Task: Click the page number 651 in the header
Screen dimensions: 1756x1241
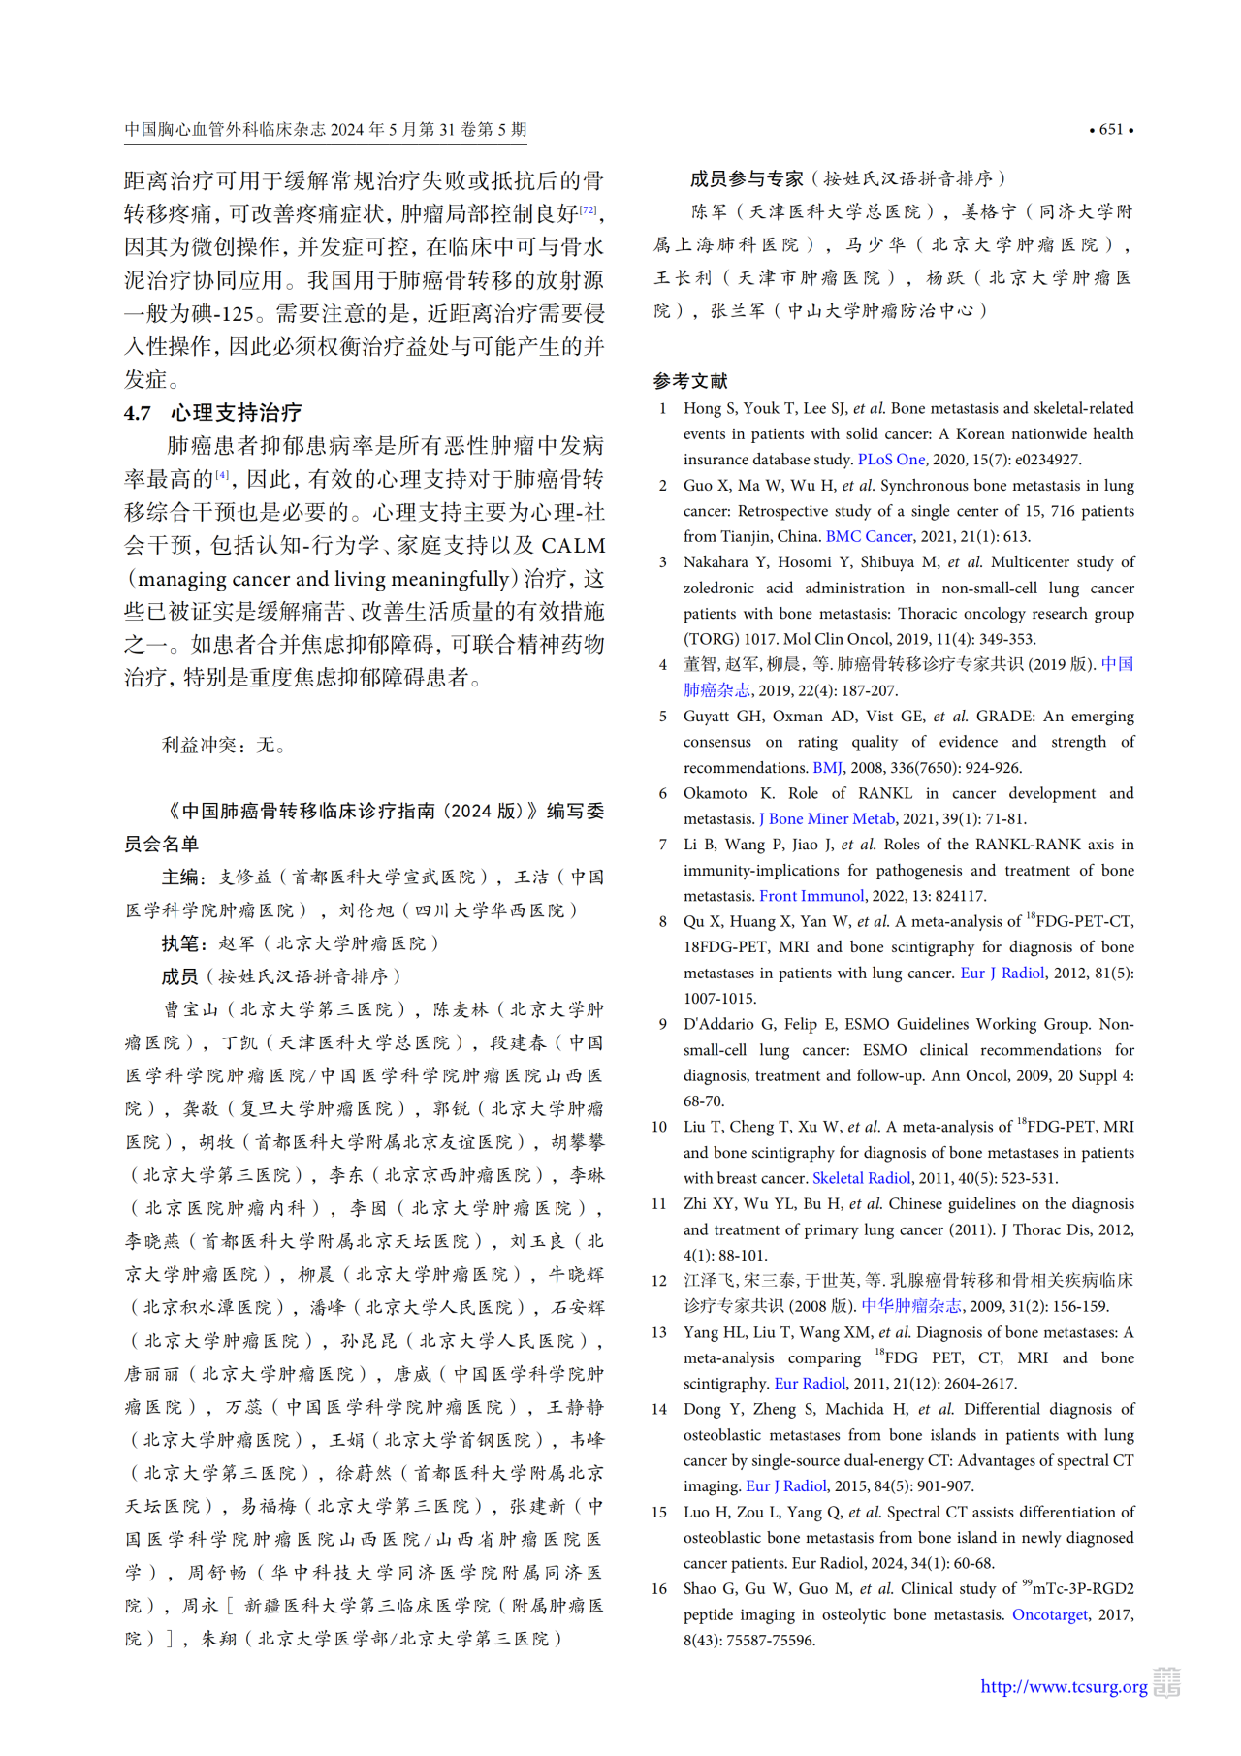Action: click(x=1111, y=129)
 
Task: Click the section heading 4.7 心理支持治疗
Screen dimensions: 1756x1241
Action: click(x=212, y=413)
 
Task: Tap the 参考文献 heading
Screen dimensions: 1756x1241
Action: click(x=690, y=381)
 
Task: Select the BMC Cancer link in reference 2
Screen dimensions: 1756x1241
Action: click(x=869, y=536)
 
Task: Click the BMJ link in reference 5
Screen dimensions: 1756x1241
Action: click(x=827, y=767)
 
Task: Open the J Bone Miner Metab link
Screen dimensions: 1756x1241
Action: click(x=826, y=818)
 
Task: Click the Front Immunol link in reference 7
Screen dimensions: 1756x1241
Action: click(x=811, y=896)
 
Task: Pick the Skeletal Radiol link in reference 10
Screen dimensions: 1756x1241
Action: click(x=861, y=1178)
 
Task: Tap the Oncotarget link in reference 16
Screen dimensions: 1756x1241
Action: click(x=1049, y=1614)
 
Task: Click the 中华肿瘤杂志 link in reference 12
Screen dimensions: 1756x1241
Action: click(x=911, y=1306)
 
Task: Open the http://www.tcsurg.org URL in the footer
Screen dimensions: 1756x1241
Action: click(x=1064, y=1686)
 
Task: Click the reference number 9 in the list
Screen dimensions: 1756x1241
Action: click(x=663, y=1024)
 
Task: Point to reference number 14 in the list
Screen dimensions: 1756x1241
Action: click(x=659, y=1409)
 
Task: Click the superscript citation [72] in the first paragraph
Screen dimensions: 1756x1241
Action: click(x=589, y=208)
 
